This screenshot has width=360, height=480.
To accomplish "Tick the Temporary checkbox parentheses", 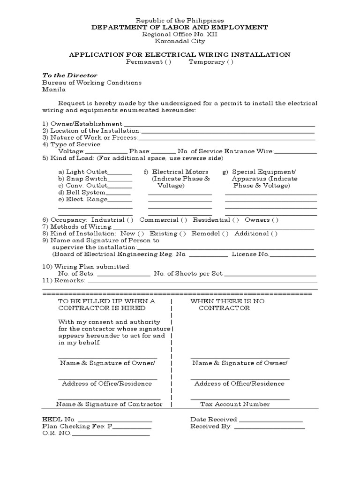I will pyautogui.click(x=230, y=62).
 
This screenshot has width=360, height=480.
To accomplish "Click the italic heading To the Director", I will pyautogui.click(x=70, y=75).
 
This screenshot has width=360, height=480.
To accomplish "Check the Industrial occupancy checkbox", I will pyautogui.click(x=130, y=220).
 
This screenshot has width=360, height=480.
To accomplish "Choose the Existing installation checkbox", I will pyautogui.click(x=182, y=233).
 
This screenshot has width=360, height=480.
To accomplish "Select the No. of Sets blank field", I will pyautogui.click(x=123, y=274).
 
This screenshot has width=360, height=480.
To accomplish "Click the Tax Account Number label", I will pyautogui.click(x=235, y=404).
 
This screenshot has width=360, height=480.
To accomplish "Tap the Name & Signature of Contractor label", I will pyautogui.click(x=109, y=404).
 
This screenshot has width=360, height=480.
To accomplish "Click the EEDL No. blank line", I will pyautogui.click(x=114, y=420).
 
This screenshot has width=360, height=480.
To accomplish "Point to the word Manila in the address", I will pyautogui.click(x=54, y=90).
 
